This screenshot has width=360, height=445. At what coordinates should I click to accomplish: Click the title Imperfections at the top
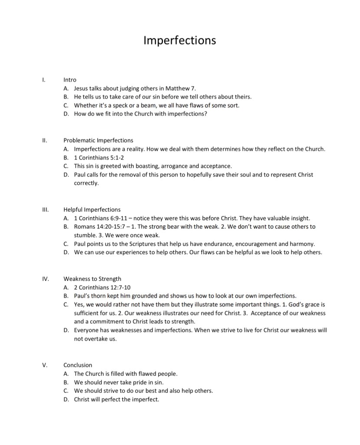pos(179,40)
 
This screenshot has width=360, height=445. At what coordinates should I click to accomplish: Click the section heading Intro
pos(70,80)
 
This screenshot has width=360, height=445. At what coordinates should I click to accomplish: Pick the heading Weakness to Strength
pos(92,279)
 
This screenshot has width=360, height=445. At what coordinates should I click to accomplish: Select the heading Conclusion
pos(78,365)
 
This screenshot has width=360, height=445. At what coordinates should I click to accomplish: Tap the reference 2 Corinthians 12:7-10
pos(102,287)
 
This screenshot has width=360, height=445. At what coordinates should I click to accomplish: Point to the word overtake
pos(95,339)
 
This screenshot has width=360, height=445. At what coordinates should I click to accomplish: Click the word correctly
pos(86,183)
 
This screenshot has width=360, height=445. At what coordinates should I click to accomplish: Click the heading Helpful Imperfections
pos(92,209)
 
